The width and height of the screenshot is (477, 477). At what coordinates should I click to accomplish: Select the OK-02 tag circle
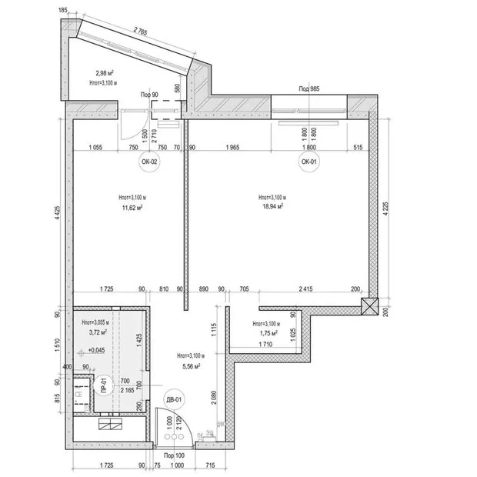click(x=148, y=162)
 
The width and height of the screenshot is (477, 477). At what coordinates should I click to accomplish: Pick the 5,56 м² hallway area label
click(x=188, y=366)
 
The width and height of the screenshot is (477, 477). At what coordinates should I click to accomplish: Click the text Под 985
click(x=309, y=89)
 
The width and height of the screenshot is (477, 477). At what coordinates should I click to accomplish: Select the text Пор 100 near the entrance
click(x=174, y=456)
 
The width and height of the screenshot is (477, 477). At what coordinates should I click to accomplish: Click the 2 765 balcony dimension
click(x=141, y=32)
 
